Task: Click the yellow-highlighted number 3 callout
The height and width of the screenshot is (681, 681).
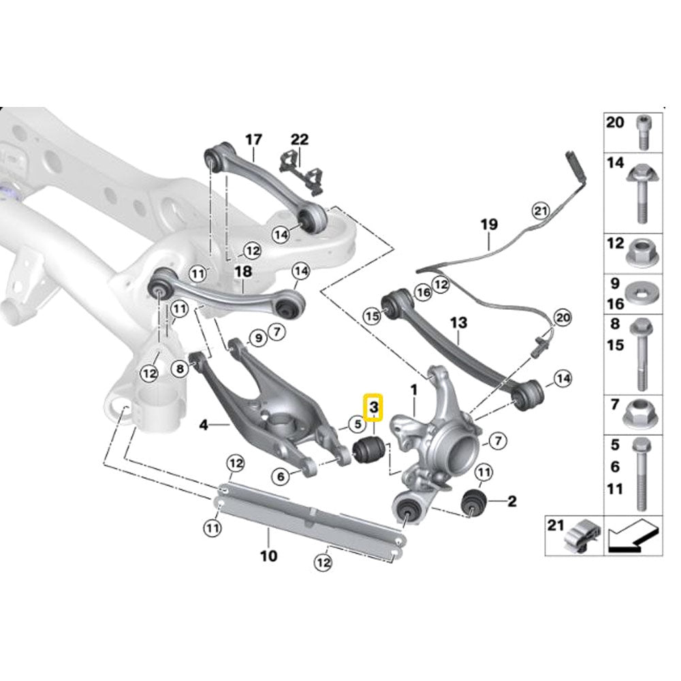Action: pos(374,408)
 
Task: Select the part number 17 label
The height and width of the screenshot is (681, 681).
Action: pos(253,140)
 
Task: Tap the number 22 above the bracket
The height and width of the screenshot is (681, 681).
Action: pos(300,140)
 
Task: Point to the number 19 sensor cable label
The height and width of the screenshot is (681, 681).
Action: pos(488,223)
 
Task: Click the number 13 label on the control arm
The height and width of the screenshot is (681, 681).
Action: pos(458,321)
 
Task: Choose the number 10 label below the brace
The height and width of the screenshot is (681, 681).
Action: pos(268,556)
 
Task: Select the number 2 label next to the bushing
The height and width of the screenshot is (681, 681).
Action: pos(511,502)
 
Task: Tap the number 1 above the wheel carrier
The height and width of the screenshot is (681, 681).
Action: pos(412,390)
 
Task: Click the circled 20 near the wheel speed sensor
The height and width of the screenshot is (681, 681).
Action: pos(562,317)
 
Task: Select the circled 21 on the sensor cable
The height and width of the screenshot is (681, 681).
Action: pos(540,210)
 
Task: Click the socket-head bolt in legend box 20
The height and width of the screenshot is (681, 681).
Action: pos(642,131)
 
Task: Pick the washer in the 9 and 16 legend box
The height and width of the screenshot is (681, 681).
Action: pos(642,291)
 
